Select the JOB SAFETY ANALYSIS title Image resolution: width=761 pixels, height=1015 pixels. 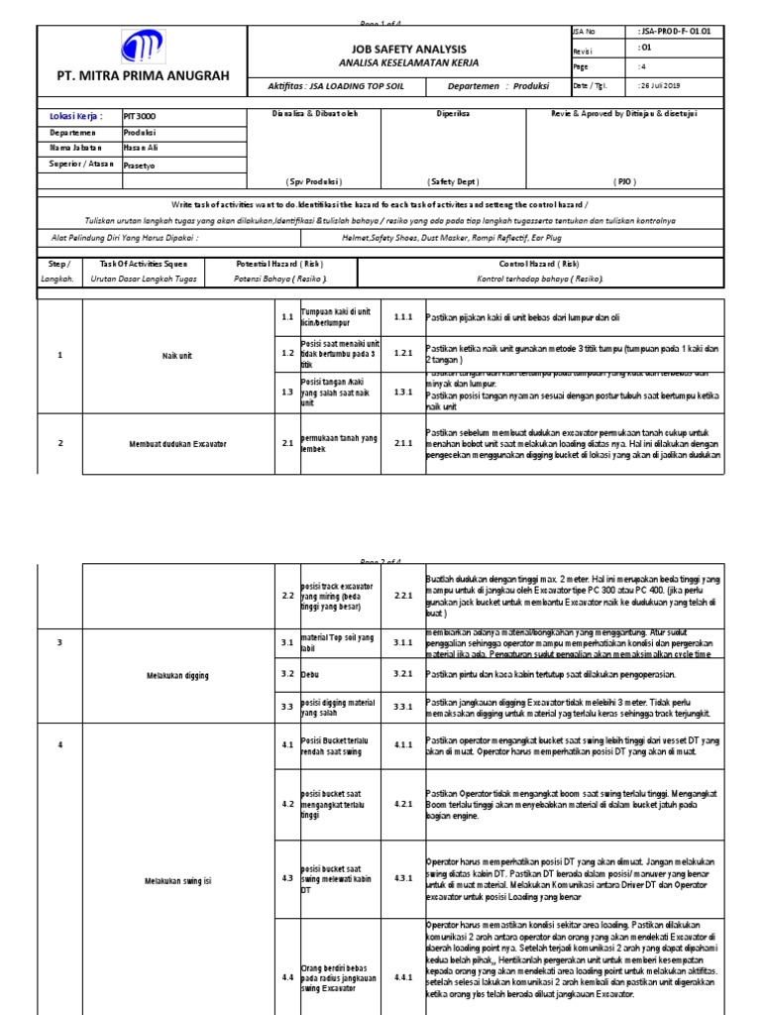click(407, 47)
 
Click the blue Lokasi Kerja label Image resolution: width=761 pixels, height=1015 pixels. click(76, 116)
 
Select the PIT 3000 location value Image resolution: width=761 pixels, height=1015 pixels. click(140, 116)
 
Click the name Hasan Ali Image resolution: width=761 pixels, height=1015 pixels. click(141, 148)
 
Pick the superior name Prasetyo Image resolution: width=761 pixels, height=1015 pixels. click(140, 164)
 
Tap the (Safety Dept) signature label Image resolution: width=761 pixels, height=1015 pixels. click(453, 181)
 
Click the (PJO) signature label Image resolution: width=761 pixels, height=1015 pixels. click(623, 181)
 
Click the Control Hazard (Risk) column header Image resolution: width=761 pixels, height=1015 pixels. click(539, 265)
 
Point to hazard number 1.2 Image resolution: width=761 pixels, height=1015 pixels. click(285, 353)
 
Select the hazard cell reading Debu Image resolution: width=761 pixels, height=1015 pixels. click(309, 673)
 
